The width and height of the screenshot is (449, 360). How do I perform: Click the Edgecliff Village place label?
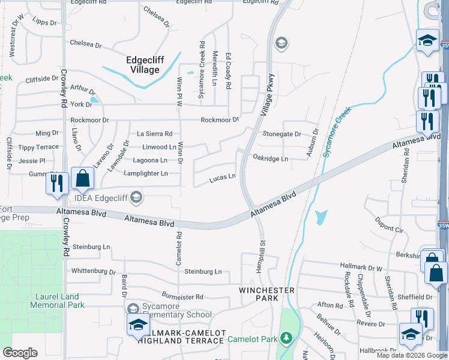point(143,65)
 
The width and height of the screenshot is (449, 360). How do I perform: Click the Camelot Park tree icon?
point(286,338)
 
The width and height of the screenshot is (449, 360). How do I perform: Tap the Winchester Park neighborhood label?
point(267,294)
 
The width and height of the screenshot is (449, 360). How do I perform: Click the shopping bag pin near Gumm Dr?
point(83,178)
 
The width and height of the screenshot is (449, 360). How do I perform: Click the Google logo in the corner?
point(20,353)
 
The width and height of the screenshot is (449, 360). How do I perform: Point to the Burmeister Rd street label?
point(182,296)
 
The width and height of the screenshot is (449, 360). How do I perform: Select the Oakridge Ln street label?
point(271,159)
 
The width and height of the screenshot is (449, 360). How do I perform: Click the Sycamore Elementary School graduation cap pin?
point(137,325)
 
